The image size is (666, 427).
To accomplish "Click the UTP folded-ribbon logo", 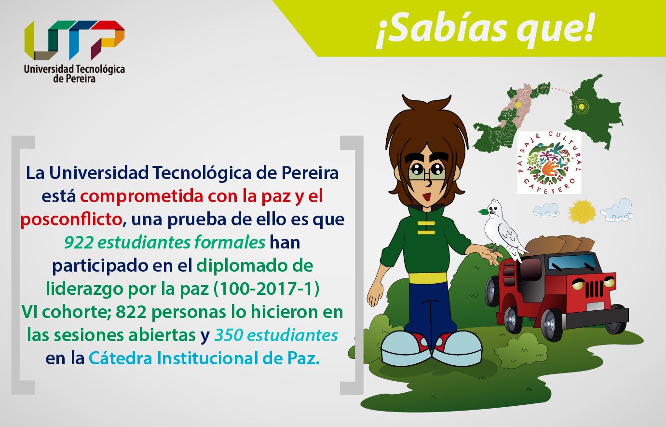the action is click(x=74, y=40).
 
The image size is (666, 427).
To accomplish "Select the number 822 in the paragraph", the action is click(x=131, y=312).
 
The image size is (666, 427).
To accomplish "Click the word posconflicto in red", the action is click(x=71, y=220).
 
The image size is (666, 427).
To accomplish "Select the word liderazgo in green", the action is click(x=84, y=289).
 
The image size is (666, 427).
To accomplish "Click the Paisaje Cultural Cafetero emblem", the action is click(x=549, y=163).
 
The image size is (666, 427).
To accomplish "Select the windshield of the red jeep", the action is click(x=572, y=263).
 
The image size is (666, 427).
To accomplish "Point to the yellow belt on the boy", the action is click(x=428, y=277).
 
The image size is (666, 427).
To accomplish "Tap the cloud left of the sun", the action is click(x=546, y=210).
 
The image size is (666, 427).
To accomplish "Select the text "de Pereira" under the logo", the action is click(x=74, y=79).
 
